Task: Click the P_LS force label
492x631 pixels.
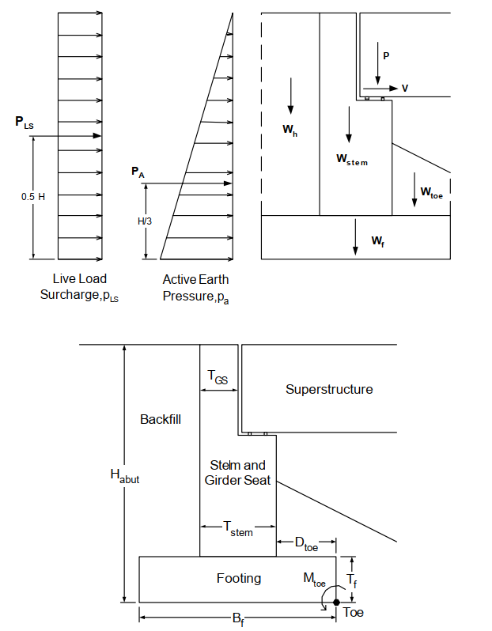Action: (x=24, y=123)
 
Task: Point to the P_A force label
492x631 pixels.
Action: (x=138, y=171)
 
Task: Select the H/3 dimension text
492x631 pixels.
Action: (x=144, y=221)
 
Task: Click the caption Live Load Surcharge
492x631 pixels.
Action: (x=79, y=286)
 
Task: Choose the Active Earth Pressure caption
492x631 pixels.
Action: (x=195, y=287)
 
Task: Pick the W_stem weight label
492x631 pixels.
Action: (x=352, y=159)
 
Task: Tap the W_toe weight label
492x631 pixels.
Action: (x=431, y=191)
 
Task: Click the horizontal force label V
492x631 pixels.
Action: (x=405, y=89)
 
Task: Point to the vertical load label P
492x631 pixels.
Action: (x=386, y=55)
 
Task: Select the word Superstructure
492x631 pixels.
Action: (x=329, y=389)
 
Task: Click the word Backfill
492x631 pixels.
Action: (x=161, y=419)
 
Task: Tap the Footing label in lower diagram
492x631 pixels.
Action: (x=239, y=579)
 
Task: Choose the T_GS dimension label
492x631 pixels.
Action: (x=218, y=380)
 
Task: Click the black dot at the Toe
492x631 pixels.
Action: (x=336, y=602)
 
